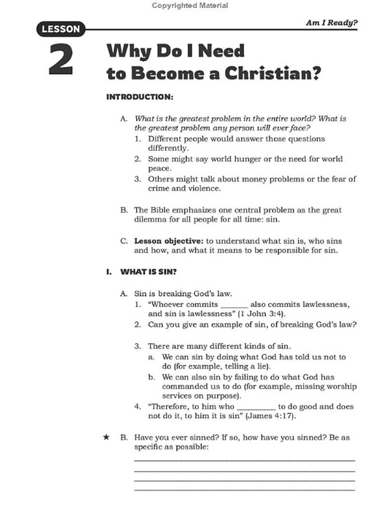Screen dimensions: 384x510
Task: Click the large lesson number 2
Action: [60, 60]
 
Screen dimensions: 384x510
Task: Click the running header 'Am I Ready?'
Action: [332, 23]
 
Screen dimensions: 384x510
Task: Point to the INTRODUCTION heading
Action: [140, 97]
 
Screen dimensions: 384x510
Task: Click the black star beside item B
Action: [106, 437]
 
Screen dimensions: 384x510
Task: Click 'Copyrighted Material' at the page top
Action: [190, 5]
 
